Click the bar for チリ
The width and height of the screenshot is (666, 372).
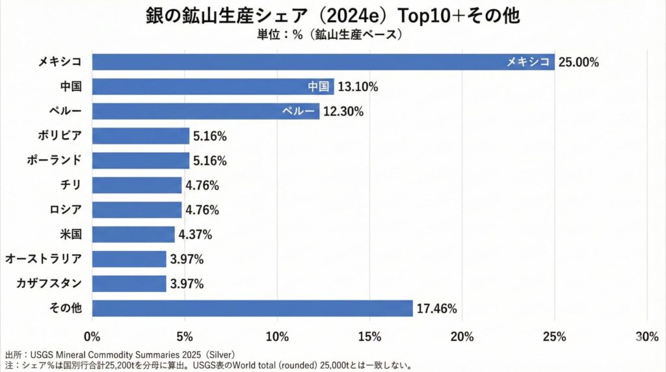137,185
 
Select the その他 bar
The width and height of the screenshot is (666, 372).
252,308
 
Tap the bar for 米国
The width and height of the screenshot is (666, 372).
133,234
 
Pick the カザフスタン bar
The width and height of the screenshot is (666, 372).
129,284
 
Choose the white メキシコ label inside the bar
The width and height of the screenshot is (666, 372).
529,62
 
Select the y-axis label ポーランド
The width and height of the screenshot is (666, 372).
55,161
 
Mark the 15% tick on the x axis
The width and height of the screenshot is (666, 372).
369,336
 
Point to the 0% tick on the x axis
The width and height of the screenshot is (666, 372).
92,336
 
